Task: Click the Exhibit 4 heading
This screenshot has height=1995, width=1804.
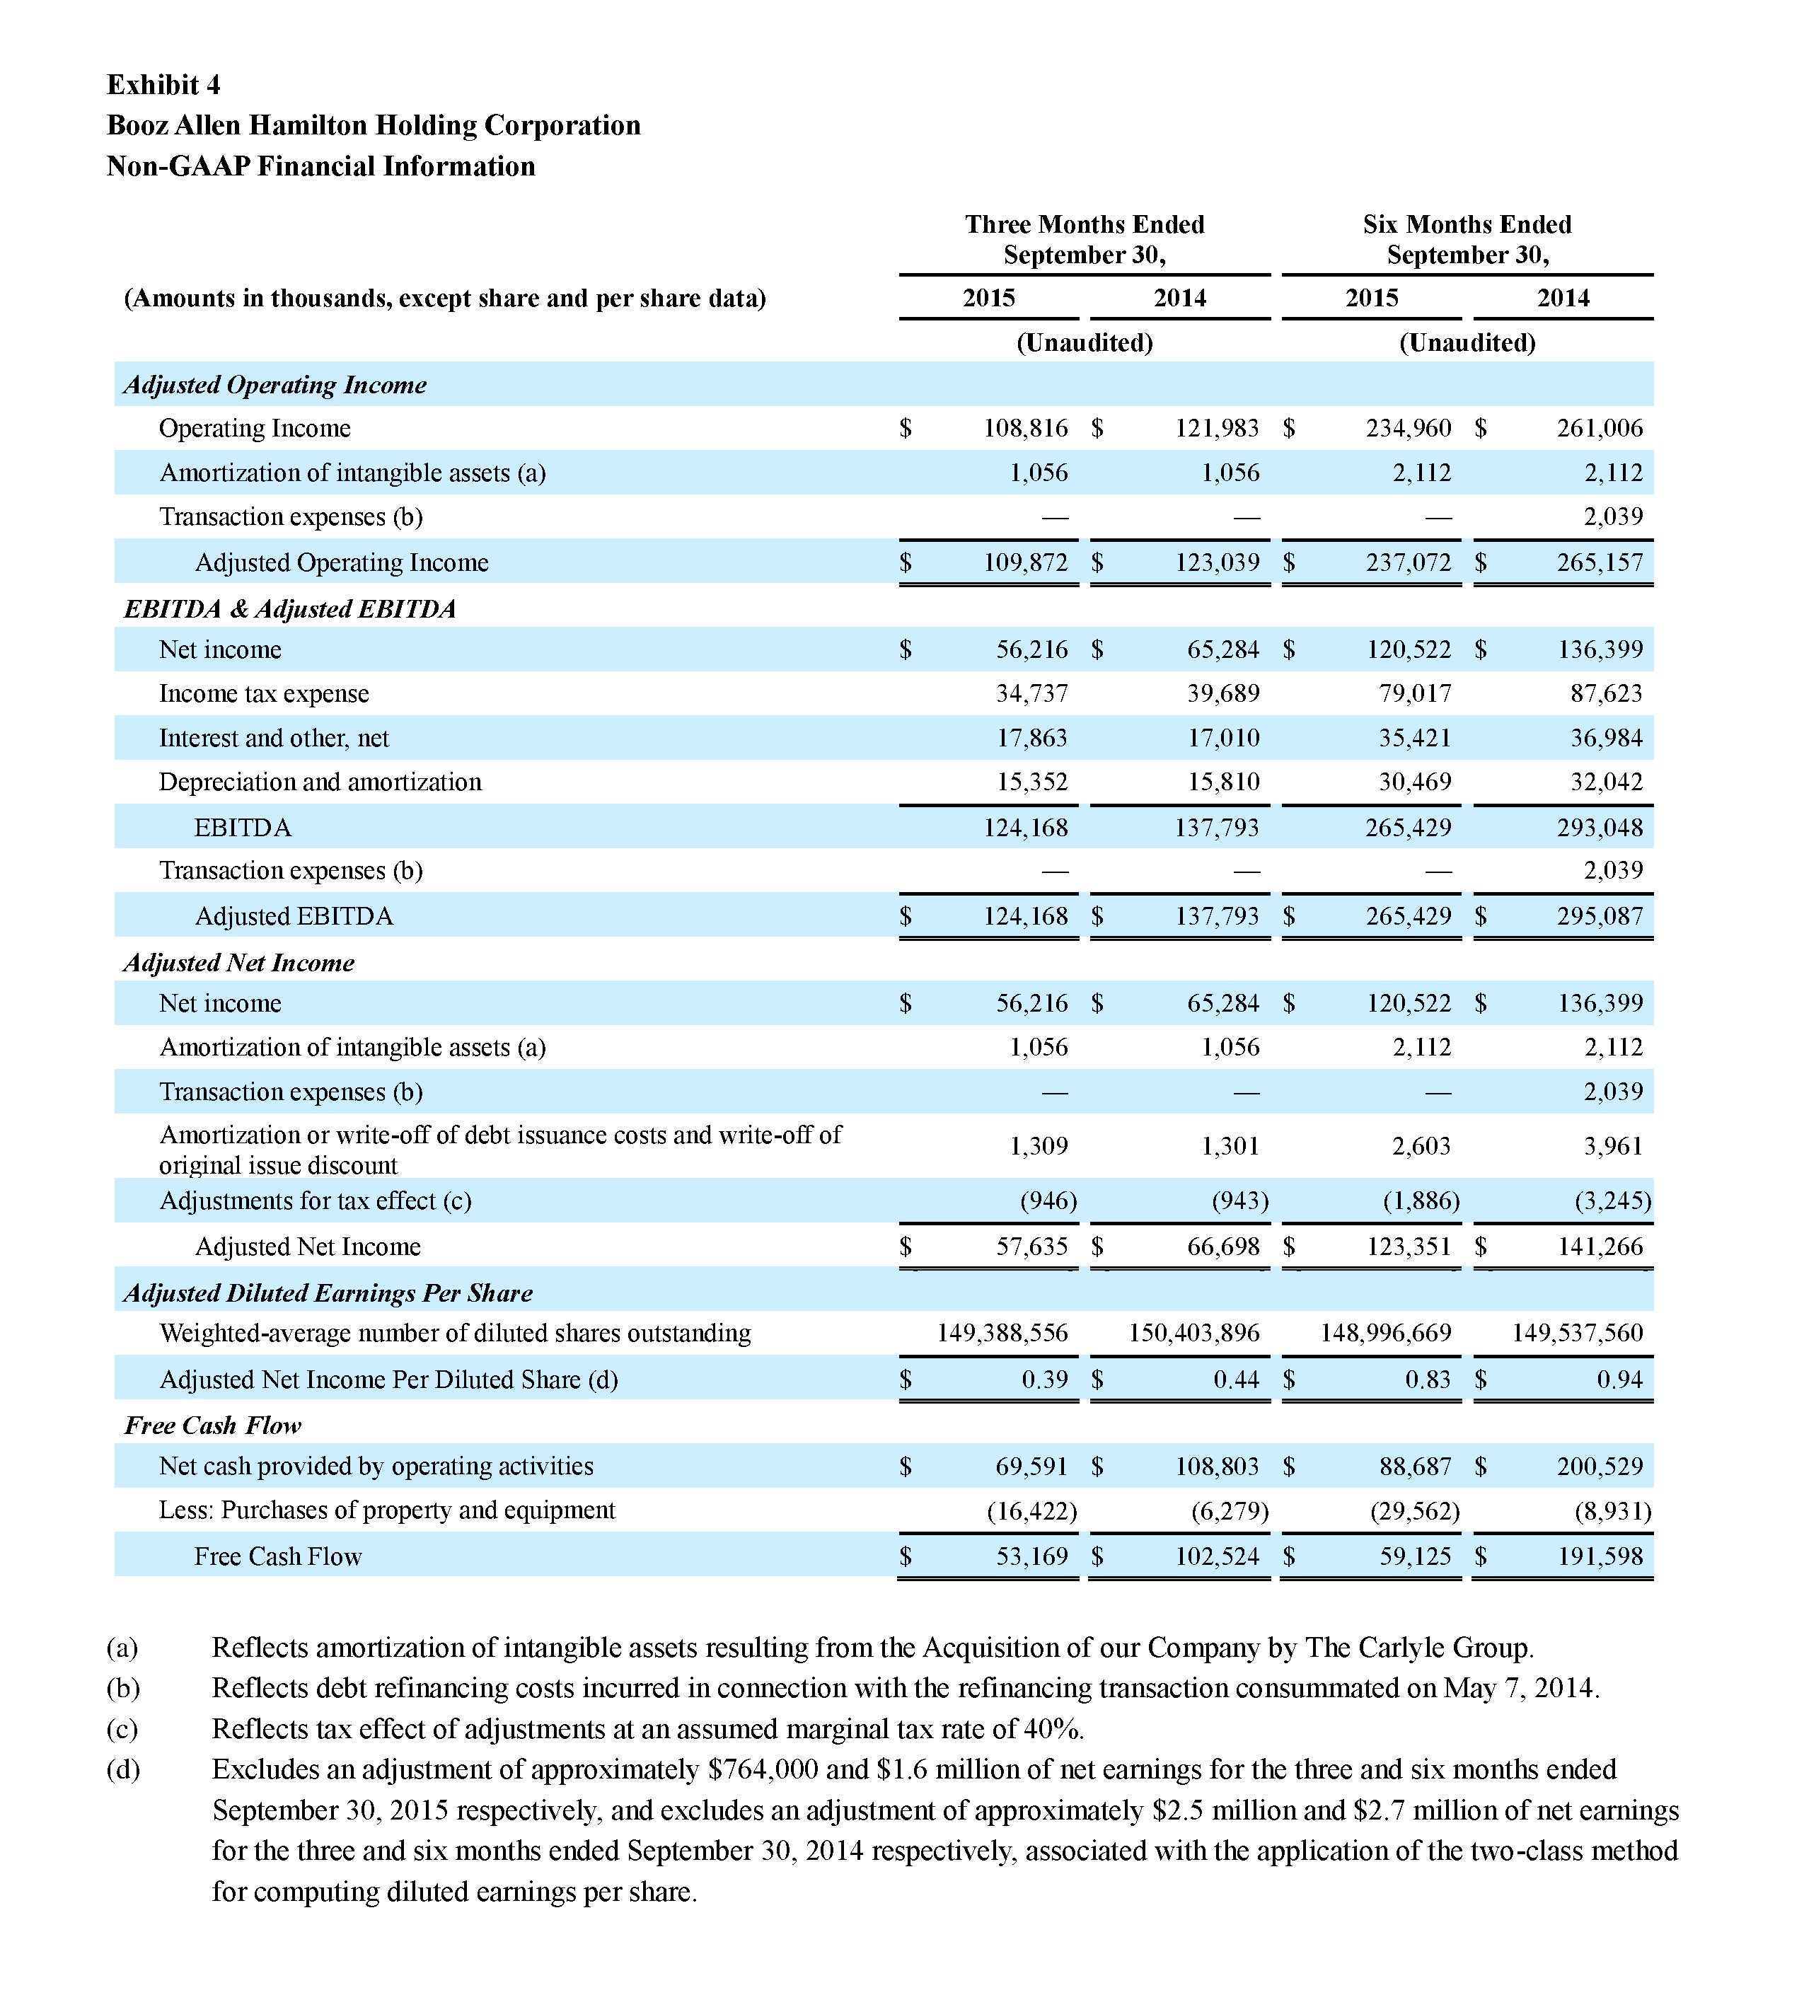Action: point(163,85)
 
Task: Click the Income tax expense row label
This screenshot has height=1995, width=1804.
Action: point(263,694)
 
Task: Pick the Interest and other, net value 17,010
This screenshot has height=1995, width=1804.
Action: point(1223,739)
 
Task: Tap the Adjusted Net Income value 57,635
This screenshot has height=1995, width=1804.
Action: point(1031,1247)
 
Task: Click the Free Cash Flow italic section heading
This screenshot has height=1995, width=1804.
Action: point(213,1425)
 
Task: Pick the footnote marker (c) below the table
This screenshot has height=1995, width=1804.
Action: point(122,1729)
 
